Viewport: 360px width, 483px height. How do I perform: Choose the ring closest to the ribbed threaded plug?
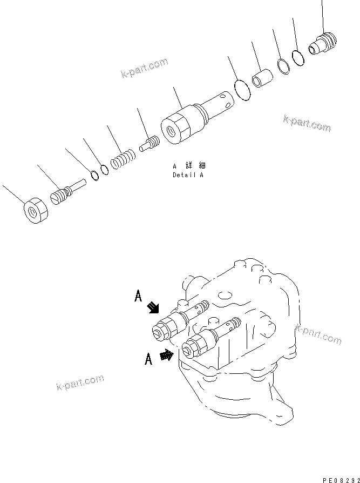tap(298, 57)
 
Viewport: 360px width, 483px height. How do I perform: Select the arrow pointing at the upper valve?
tap(154, 307)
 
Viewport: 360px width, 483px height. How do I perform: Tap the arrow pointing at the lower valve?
tap(167, 355)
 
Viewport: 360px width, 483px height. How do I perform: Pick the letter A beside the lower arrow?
tap(148, 359)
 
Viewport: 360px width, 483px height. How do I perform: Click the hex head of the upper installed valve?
tap(162, 328)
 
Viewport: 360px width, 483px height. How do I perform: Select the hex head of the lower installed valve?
tap(193, 346)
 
